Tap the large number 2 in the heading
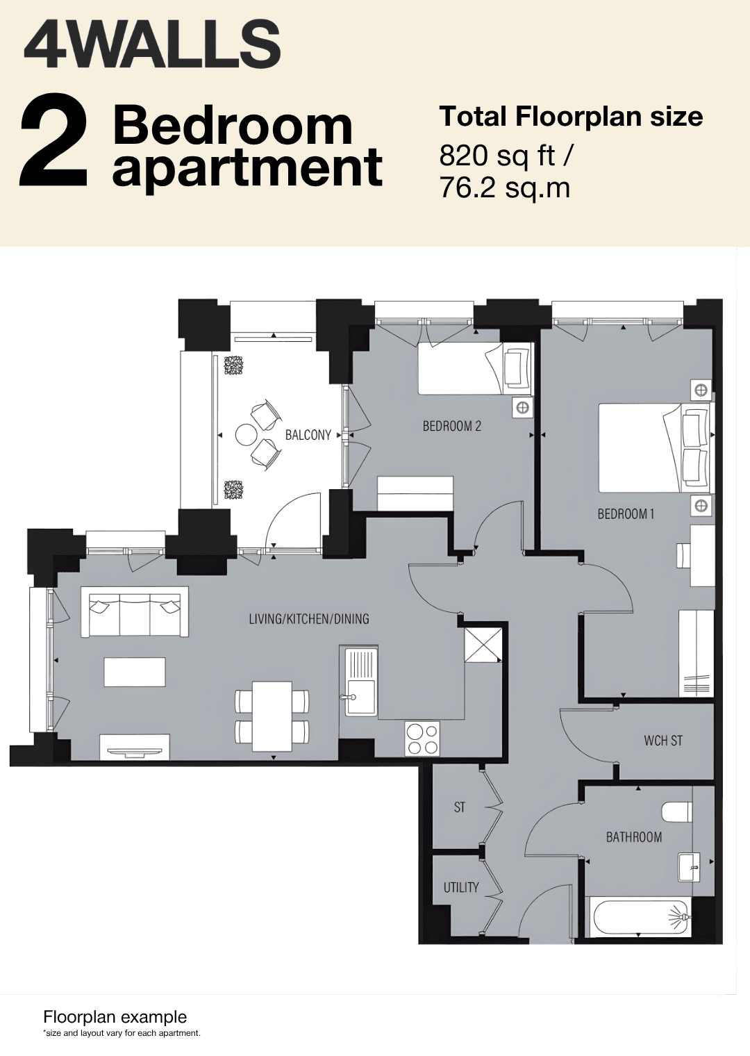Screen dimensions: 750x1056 coord(53,146)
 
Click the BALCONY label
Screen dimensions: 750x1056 coord(308,435)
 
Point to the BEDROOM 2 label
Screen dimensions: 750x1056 coord(452,426)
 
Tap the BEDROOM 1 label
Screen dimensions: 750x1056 coord(626,513)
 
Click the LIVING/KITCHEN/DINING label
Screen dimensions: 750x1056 coord(309,619)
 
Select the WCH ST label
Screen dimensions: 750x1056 coord(662,741)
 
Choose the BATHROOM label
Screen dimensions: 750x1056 coord(633,837)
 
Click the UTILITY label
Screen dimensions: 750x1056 coord(460,888)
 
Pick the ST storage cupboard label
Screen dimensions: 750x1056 coord(459,807)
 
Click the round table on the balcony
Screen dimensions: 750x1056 coord(246,434)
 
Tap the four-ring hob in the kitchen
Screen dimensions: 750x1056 coord(422,739)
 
